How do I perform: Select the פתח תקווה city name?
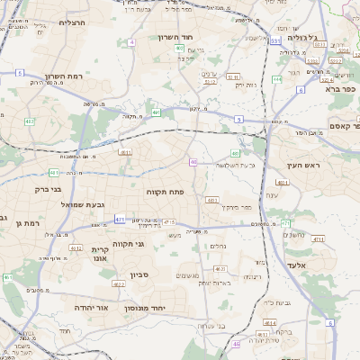166,192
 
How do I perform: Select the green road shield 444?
276,80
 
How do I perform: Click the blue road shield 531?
274,40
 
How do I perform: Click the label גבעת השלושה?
237,165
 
